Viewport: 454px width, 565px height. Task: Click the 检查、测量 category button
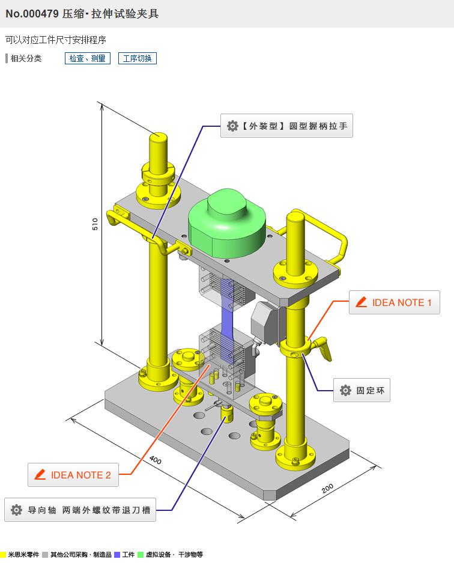pyautogui.click(x=87, y=58)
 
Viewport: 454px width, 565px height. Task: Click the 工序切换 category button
pyautogui.click(x=137, y=58)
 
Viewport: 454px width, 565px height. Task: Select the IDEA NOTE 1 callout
pyautogui.click(x=394, y=302)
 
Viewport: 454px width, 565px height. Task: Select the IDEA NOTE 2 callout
pyautogui.click(x=73, y=475)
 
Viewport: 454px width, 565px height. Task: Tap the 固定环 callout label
pyautogui.click(x=362, y=391)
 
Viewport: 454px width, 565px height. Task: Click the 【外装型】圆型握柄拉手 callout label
pyautogui.click(x=286, y=126)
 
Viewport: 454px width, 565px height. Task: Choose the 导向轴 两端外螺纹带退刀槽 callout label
pyautogui.click(x=80, y=510)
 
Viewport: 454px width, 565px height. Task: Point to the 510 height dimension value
pyautogui.click(x=95, y=224)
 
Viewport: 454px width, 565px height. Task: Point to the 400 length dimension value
pyautogui.click(x=156, y=460)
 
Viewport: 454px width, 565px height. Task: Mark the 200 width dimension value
pyautogui.click(x=327, y=488)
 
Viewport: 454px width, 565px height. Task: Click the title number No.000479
pyautogui.click(x=32, y=13)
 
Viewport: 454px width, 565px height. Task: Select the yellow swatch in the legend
pyautogui.click(x=3, y=555)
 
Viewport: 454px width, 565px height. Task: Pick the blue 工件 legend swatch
pyautogui.click(x=117, y=555)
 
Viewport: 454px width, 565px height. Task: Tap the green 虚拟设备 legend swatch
pyautogui.click(x=141, y=555)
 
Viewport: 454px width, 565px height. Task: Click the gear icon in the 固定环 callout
pyautogui.click(x=345, y=391)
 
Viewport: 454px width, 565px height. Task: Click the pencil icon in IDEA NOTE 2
pyautogui.click(x=40, y=475)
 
